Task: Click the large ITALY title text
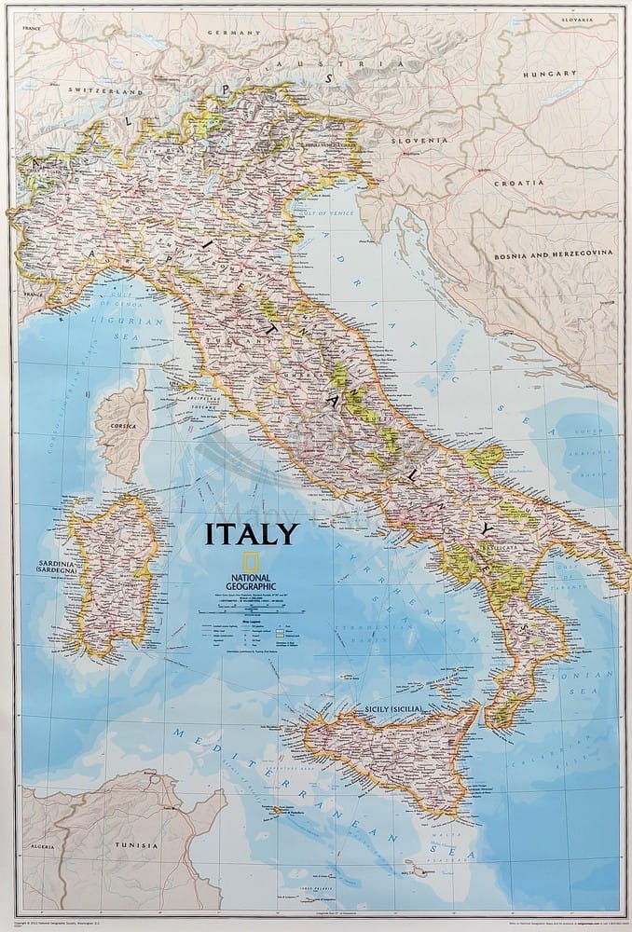pyautogui.click(x=252, y=534)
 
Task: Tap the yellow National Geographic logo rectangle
pyautogui.click(x=251, y=561)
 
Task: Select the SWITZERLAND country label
pyautogui.click(x=105, y=93)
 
